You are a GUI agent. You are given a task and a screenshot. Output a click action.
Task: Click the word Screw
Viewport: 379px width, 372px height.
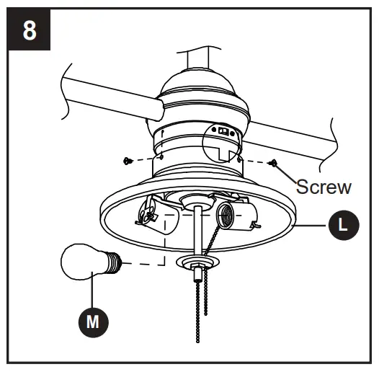[x=324, y=187]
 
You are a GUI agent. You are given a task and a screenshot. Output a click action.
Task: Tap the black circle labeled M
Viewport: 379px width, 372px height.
[x=92, y=322]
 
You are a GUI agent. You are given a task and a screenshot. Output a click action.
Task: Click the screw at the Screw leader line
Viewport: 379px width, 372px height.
[x=274, y=163]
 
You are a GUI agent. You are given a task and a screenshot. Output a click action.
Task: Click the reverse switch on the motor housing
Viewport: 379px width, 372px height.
[x=223, y=132]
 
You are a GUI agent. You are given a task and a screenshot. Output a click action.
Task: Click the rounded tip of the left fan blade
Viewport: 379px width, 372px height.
[x=151, y=109]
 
